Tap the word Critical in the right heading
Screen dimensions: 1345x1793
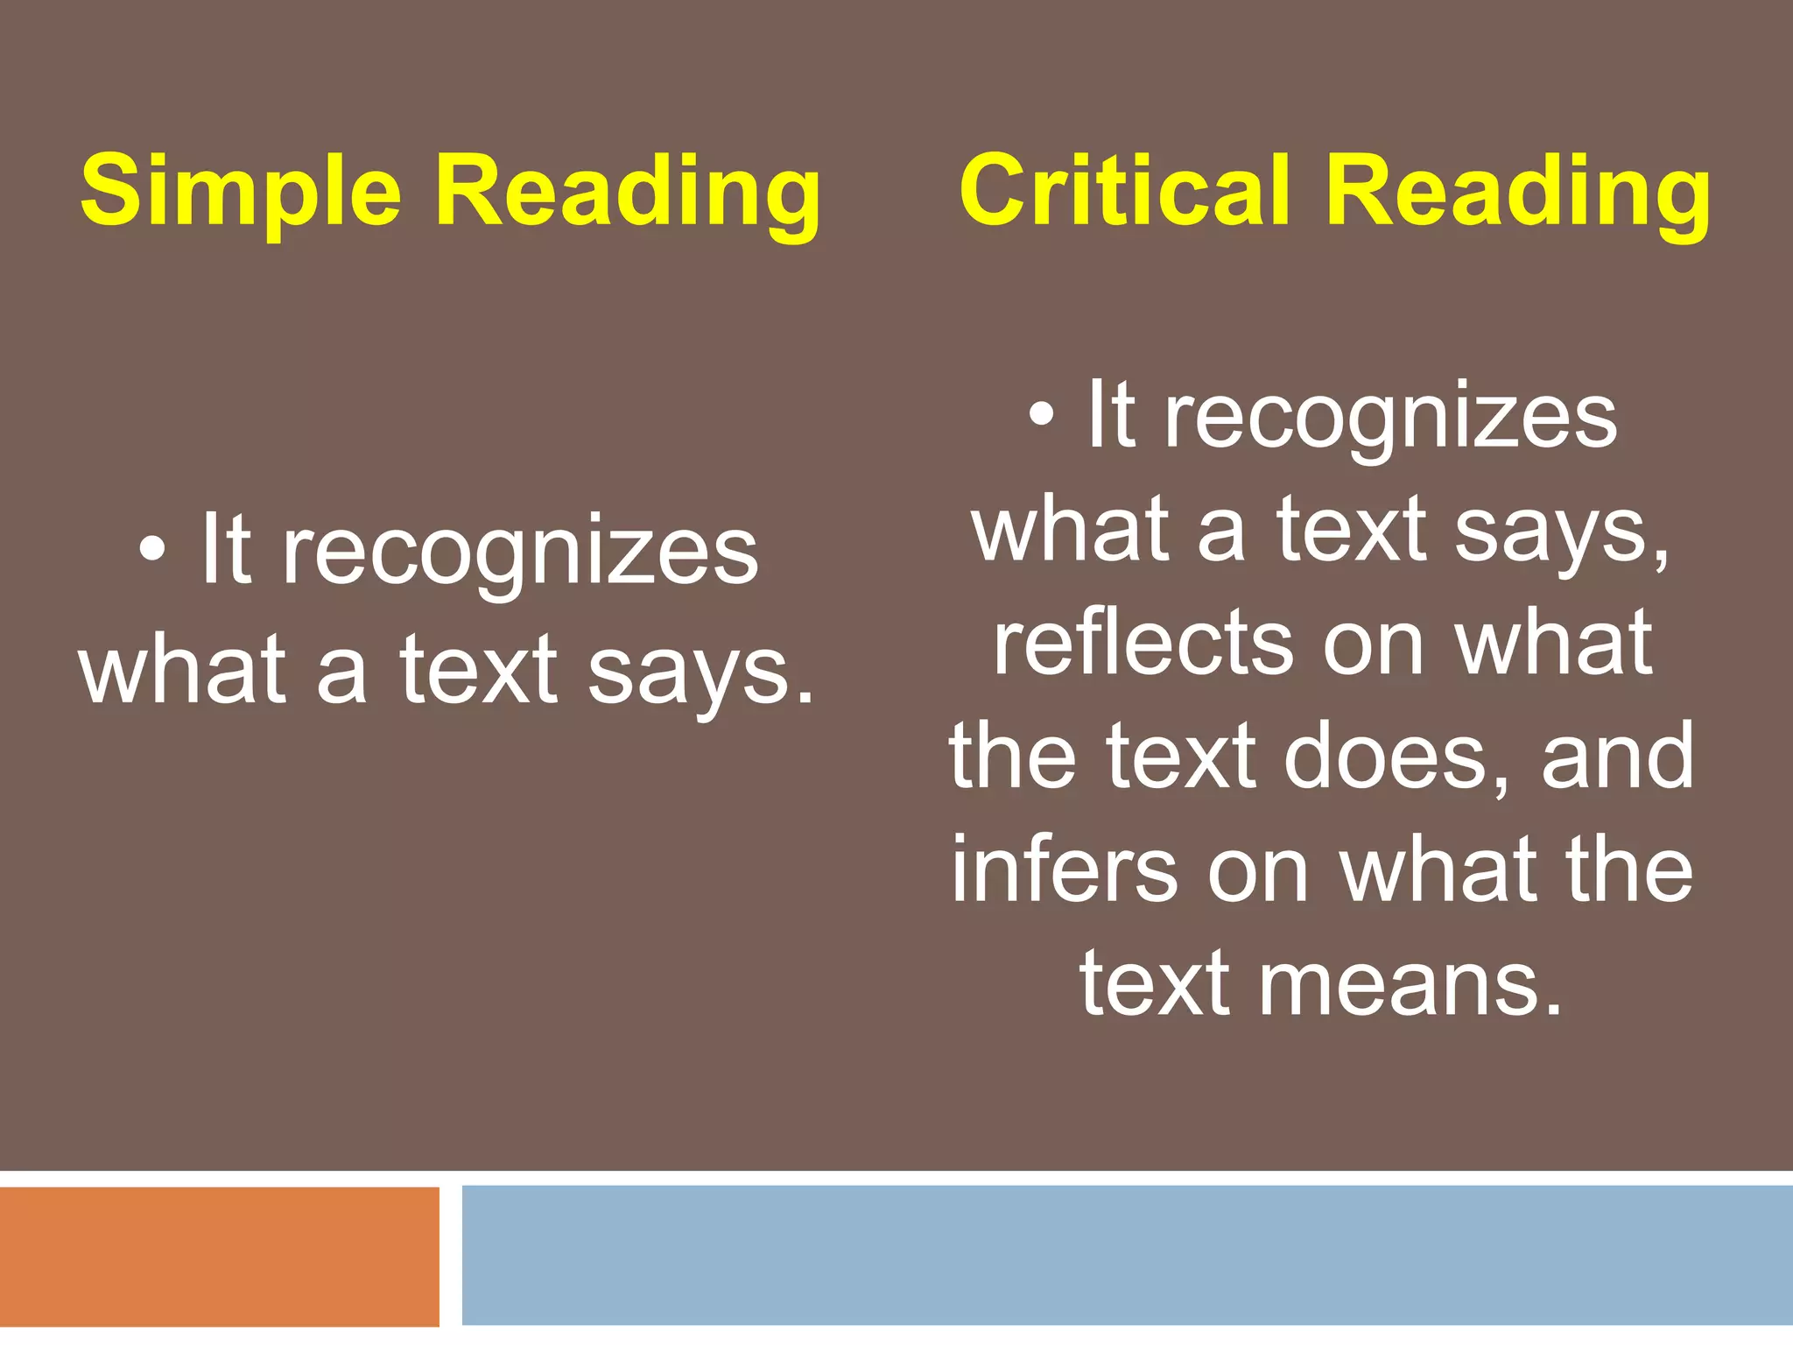click(1124, 191)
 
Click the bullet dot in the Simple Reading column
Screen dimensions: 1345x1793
click(152, 550)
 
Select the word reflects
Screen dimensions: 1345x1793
click(1142, 644)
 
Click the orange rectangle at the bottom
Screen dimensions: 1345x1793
click(219, 1256)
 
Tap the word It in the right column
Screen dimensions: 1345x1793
click(1111, 415)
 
